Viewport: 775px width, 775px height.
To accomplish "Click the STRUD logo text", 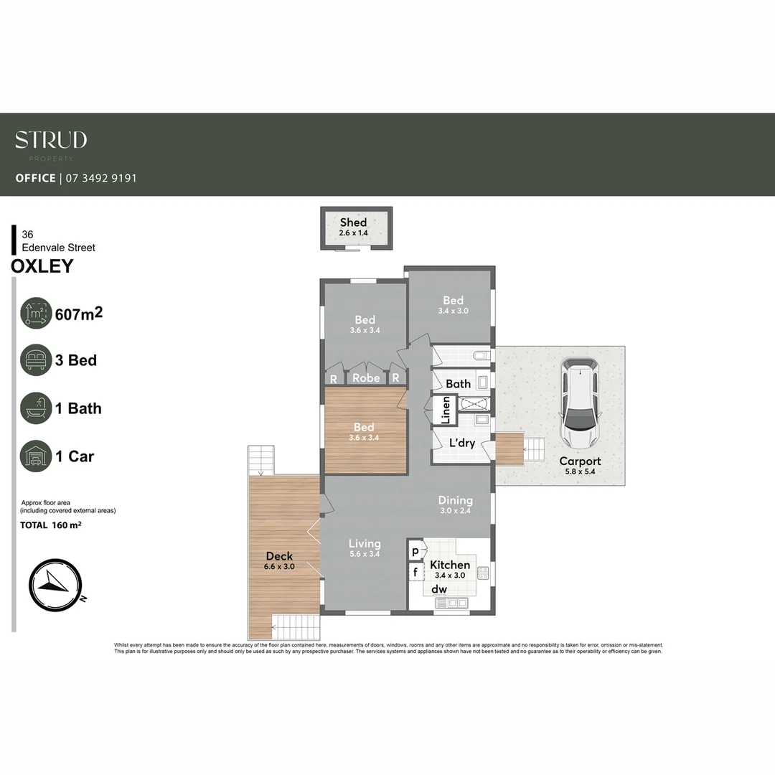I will (51, 140).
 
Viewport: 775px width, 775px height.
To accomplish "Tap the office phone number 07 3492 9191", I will (101, 178).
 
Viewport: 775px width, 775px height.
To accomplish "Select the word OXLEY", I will (42, 266).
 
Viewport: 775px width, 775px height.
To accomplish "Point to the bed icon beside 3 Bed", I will (36, 360).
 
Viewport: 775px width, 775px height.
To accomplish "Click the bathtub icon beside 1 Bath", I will (36, 408).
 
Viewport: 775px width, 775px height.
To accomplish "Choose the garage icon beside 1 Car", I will (36, 456).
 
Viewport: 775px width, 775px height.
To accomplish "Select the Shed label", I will (353, 222).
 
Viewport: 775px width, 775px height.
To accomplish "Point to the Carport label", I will (580, 461).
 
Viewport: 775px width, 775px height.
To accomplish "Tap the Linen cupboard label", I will (446, 410).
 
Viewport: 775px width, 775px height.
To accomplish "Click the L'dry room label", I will (462, 443).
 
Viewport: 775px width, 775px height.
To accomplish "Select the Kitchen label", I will (450, 565).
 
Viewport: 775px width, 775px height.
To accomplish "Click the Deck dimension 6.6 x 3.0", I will (280, 566).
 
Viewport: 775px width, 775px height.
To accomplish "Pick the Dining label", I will (456, 500).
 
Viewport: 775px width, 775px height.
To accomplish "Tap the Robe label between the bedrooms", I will (366, 377).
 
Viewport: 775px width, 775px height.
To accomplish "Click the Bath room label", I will (458, 384).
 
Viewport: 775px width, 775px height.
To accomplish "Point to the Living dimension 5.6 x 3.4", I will (365, 554).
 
